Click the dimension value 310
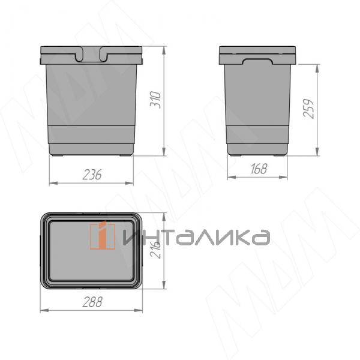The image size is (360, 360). pyautogui.click(x=155, y=100)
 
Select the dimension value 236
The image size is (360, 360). pyautogui.click(x=92, y=175)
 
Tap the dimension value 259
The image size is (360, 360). pyautogui.click(x=308, y=109)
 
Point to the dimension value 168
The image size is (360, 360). pyautogui.click(x=259, y=169)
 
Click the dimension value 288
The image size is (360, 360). pyautogui.click(x=92, y=302)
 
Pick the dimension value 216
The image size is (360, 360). pyautogui.click(x=155, y=250)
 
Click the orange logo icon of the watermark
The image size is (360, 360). pyautogui.click(x=103, y=235)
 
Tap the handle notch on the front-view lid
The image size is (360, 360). pyautogui.click(x=91, y=55)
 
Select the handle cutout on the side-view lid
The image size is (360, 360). pyautogui.click(x=258, y=61)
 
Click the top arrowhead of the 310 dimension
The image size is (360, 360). pyautogui.click(x=164, y=51)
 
